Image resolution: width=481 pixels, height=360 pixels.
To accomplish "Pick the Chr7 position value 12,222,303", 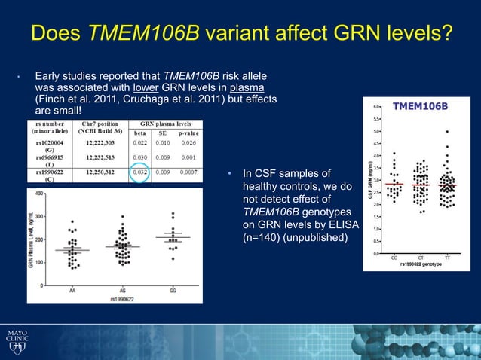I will (100, 142).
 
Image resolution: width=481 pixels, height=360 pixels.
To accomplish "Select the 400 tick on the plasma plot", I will (38, 194).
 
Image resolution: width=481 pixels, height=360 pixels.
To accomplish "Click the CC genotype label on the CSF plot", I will (394, 258).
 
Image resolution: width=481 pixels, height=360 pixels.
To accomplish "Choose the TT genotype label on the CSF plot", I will (447, 258).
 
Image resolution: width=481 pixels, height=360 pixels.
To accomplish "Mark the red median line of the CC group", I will (394, 184).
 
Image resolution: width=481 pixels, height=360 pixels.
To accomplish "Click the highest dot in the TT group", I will (447, 131).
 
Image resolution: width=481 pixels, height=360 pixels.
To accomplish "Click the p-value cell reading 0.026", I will (188, 142).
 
